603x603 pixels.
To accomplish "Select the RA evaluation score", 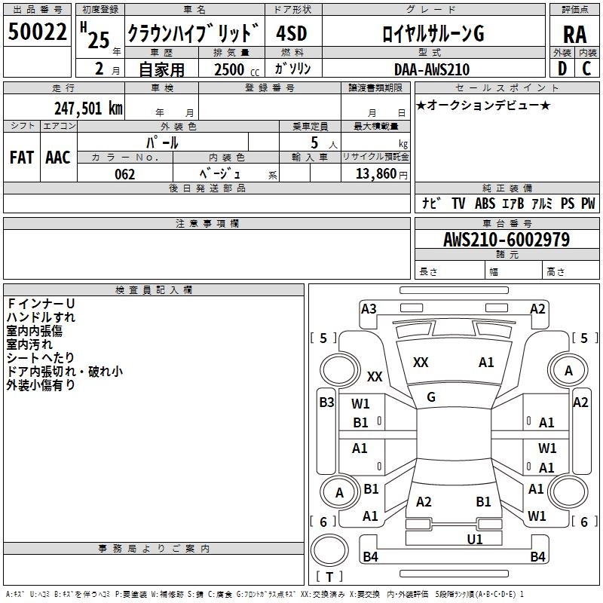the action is coord(574,35).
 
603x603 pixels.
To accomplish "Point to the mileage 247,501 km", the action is coord(88,108).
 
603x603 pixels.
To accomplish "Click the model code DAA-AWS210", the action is coord(432,69).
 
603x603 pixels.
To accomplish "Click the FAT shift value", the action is coord(21,158).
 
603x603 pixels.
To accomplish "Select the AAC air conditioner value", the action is coord(58,158).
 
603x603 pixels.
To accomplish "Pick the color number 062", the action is coord(124,174).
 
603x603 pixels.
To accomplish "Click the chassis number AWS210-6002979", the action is coord(507,240).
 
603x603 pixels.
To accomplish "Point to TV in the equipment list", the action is coord(458,204).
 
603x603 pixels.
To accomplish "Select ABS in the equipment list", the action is coord(485,204).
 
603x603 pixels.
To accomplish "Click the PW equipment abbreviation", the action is coord(588,204).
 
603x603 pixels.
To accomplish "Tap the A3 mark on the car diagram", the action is coord(369,308).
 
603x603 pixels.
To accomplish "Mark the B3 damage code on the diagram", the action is coord(326,402).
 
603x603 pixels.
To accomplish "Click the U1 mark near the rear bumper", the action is coord(475,539).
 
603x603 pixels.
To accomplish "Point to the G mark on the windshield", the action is coord(431,396).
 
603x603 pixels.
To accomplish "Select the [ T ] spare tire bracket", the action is coord(329,577).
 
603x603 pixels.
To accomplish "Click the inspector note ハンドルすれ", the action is coord(41,317).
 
